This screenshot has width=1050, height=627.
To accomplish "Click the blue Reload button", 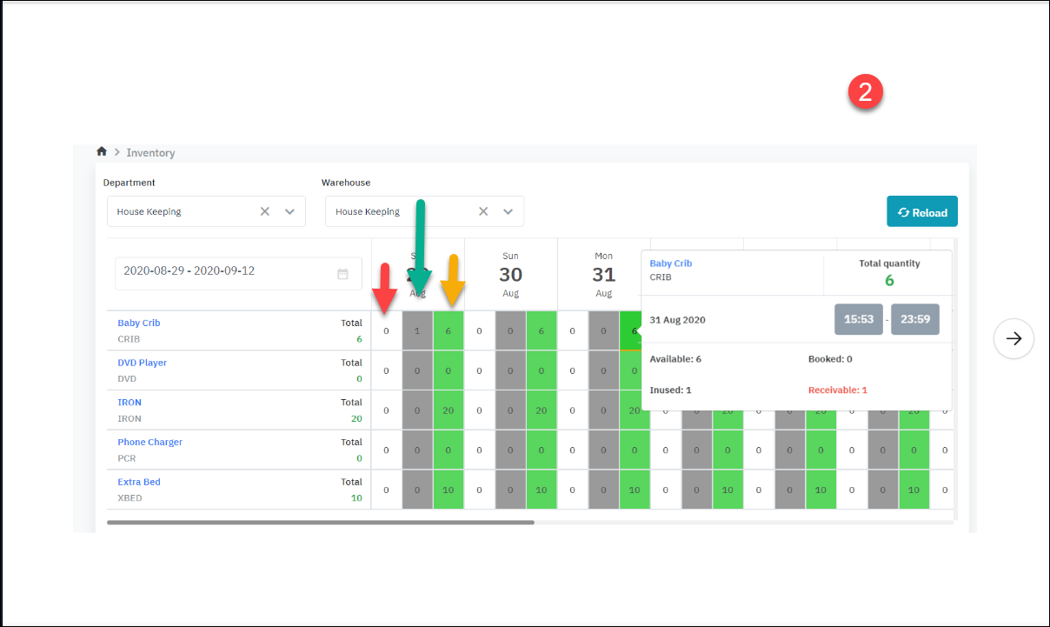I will point(921,212).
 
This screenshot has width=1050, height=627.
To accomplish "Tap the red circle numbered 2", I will point(865,92).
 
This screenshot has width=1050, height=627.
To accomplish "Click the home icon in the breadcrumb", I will point(102,151).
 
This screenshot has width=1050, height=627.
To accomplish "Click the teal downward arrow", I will point(420,248).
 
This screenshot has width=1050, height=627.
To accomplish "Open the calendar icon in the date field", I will point(342,274).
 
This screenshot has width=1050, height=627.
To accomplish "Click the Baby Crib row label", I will point(139,323).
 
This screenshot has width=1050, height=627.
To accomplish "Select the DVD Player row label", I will point(143,363).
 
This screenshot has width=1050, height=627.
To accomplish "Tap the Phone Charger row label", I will point(150,442).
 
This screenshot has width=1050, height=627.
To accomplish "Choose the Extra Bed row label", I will point(139,482).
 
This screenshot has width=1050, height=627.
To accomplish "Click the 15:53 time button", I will point(859,319).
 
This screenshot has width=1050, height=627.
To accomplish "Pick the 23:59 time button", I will point(915,319).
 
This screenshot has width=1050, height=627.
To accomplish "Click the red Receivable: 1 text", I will point(838,390).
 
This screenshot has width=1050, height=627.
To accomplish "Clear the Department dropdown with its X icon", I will point(265,211).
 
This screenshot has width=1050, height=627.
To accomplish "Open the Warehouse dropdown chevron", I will point(508,211).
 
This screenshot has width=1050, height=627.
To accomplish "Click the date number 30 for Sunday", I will point(510,275).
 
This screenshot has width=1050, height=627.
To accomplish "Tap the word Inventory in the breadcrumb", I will point(150,153).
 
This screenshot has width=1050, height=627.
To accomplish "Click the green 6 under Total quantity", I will point(889,280).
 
